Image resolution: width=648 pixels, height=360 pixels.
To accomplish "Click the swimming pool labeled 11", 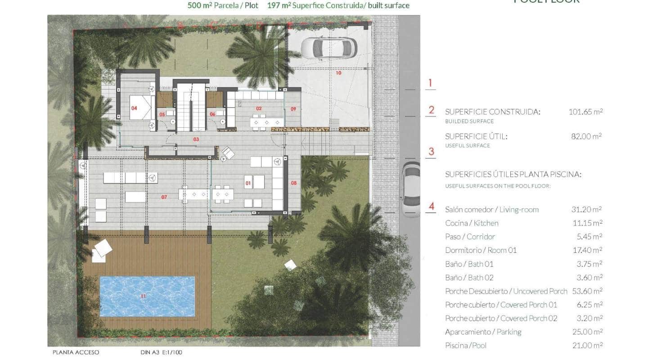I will click(x=147, y=297).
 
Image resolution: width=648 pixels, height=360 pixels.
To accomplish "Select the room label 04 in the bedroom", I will click(x=134, y=108).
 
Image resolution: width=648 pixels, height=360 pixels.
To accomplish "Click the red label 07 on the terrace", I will click(x=164, y=197).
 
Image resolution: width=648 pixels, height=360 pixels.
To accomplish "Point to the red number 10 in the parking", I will click(x=338, y=72).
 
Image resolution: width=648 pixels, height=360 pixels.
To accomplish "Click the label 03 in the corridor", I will click(x=196, y=139).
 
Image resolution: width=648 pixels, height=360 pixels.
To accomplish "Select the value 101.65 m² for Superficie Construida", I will click(x=585, y=112).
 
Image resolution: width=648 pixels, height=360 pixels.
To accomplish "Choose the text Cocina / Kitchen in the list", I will click(x=472, y=223).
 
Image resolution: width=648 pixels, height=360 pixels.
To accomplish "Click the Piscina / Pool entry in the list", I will click(x=466, y=346).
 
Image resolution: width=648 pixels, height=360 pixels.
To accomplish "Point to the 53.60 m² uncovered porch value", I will click(x=586, y=291).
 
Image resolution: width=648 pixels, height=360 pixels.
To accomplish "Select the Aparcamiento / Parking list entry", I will click(x=483, y=332).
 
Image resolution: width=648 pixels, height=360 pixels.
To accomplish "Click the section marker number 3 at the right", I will click(x=431, y=152).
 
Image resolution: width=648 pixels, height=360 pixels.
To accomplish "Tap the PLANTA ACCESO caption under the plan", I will click(x=76, y=352).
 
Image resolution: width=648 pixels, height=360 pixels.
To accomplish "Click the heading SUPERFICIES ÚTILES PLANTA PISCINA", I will click(x=513, y=175).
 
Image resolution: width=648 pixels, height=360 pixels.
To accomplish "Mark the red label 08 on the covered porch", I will click(x=294, y=183).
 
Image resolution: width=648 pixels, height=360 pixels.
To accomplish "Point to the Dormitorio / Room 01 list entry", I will click(x=481, y=250).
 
